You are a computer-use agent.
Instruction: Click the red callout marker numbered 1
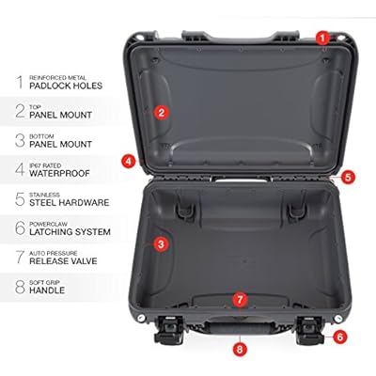click(x=323, y=39)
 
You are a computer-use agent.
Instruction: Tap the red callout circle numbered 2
click(x=162, y=112)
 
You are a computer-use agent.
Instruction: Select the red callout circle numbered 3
click(x=161, y=244)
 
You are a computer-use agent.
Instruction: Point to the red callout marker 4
click(x=129, y=162)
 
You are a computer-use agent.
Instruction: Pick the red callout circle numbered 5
click(x=348, y=177)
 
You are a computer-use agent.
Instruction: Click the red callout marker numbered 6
click(x=339, y=337)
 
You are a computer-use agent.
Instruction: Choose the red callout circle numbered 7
click(x=240, y=300)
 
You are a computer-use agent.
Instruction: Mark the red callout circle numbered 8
click(x=240, y=349)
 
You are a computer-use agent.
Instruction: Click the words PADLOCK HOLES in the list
click(x=66, y=86)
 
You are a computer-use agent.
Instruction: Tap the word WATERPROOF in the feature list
click(x=59, y=173)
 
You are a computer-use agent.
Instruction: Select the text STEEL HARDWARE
click(x=70, y=202)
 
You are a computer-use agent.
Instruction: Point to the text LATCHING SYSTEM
click(x=70, y=232)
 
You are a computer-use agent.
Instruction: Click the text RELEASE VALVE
click(x=63, y=261)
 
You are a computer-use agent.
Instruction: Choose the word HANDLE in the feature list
click(x=47, y=290)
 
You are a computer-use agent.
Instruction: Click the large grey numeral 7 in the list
click(x=20, y=257)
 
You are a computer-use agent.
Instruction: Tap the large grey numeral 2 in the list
click(x=20, y=111)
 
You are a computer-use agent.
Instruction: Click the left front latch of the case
click(x=169, y=330)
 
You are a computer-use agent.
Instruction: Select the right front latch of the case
click(x=310, y=330)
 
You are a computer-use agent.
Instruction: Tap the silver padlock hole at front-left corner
click(x=141, y=319)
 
